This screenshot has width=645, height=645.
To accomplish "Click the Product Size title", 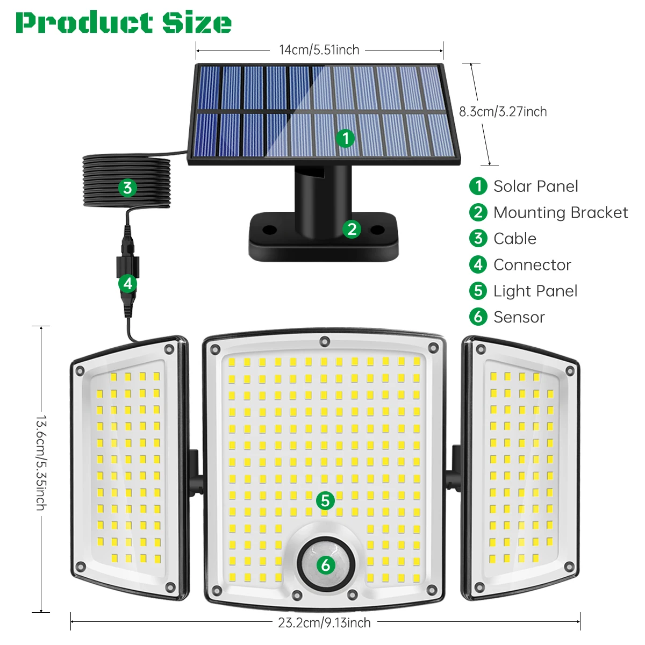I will tap(124, 23).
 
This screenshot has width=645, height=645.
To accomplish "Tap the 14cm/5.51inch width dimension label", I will tap(319, 50).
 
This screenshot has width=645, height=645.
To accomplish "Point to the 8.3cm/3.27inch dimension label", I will tap(503, 112).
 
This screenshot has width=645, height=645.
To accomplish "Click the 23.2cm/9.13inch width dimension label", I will tap(324, 623).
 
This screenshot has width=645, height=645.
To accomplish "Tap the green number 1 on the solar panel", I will tap(346, 138).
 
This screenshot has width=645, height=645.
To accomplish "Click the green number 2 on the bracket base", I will tap(352, 229).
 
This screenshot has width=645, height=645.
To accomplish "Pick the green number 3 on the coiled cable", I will tap(127, 188).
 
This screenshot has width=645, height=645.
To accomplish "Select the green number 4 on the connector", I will tap(127, 283).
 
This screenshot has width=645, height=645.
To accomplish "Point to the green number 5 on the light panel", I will tap(325, 500).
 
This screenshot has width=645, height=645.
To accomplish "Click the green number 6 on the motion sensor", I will tap(325, 565).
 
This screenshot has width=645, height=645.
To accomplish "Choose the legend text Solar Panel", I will tap(535, 187).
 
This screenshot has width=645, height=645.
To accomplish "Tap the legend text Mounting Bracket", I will tap(560, 213).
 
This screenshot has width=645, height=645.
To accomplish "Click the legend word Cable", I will tap(514, 239).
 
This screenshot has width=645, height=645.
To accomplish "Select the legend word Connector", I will tap(532, 265).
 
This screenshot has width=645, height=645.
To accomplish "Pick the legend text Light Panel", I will tap(535, 291).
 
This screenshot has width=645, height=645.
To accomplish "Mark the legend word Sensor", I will tap(519, 317).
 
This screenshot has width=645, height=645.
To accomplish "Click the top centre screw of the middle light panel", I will tap(324, 341).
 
